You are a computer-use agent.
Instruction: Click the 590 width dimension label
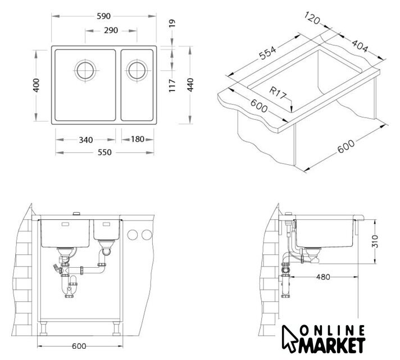tap(103, 16)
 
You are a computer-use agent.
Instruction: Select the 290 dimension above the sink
tap(111, 30)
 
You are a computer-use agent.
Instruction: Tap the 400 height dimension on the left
tap(36, 85)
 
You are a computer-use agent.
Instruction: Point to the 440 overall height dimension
tap(190, 85)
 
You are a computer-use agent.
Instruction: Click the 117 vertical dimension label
tap(172, 85)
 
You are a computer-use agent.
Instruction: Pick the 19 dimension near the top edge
tap(172, 23)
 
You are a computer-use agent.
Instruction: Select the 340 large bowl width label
tap(86, 139)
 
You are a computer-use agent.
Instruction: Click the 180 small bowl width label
tap(138, 139)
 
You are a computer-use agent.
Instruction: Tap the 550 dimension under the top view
tap(104, 152)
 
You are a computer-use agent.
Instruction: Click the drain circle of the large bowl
tap(85, 70)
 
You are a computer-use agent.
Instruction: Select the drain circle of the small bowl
tap(137, 70)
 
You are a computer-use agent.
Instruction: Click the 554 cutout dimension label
tap(267, 53)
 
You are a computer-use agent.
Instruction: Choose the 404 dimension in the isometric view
tap(360, 46)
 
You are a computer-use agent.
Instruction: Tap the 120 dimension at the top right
tap(312, 18)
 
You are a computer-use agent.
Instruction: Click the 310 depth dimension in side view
tap(375, 241)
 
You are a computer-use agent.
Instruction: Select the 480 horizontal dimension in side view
tap(323, 277)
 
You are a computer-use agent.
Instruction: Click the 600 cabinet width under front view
tap(79, 346)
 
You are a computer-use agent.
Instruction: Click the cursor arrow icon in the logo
tap(289, 339)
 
